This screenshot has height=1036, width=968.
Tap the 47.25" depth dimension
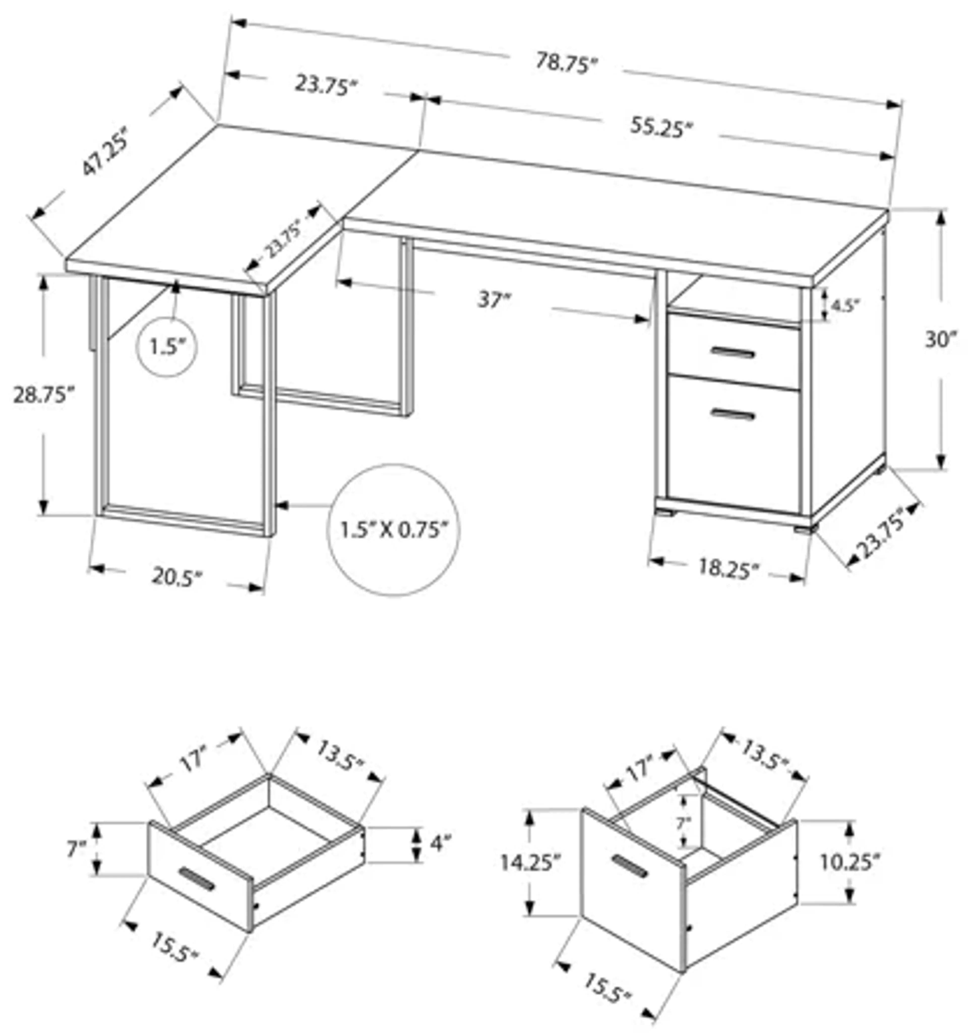coord(104,151)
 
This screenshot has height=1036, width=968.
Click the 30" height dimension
coord(940,340)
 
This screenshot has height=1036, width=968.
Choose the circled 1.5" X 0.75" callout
coord(393,531)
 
